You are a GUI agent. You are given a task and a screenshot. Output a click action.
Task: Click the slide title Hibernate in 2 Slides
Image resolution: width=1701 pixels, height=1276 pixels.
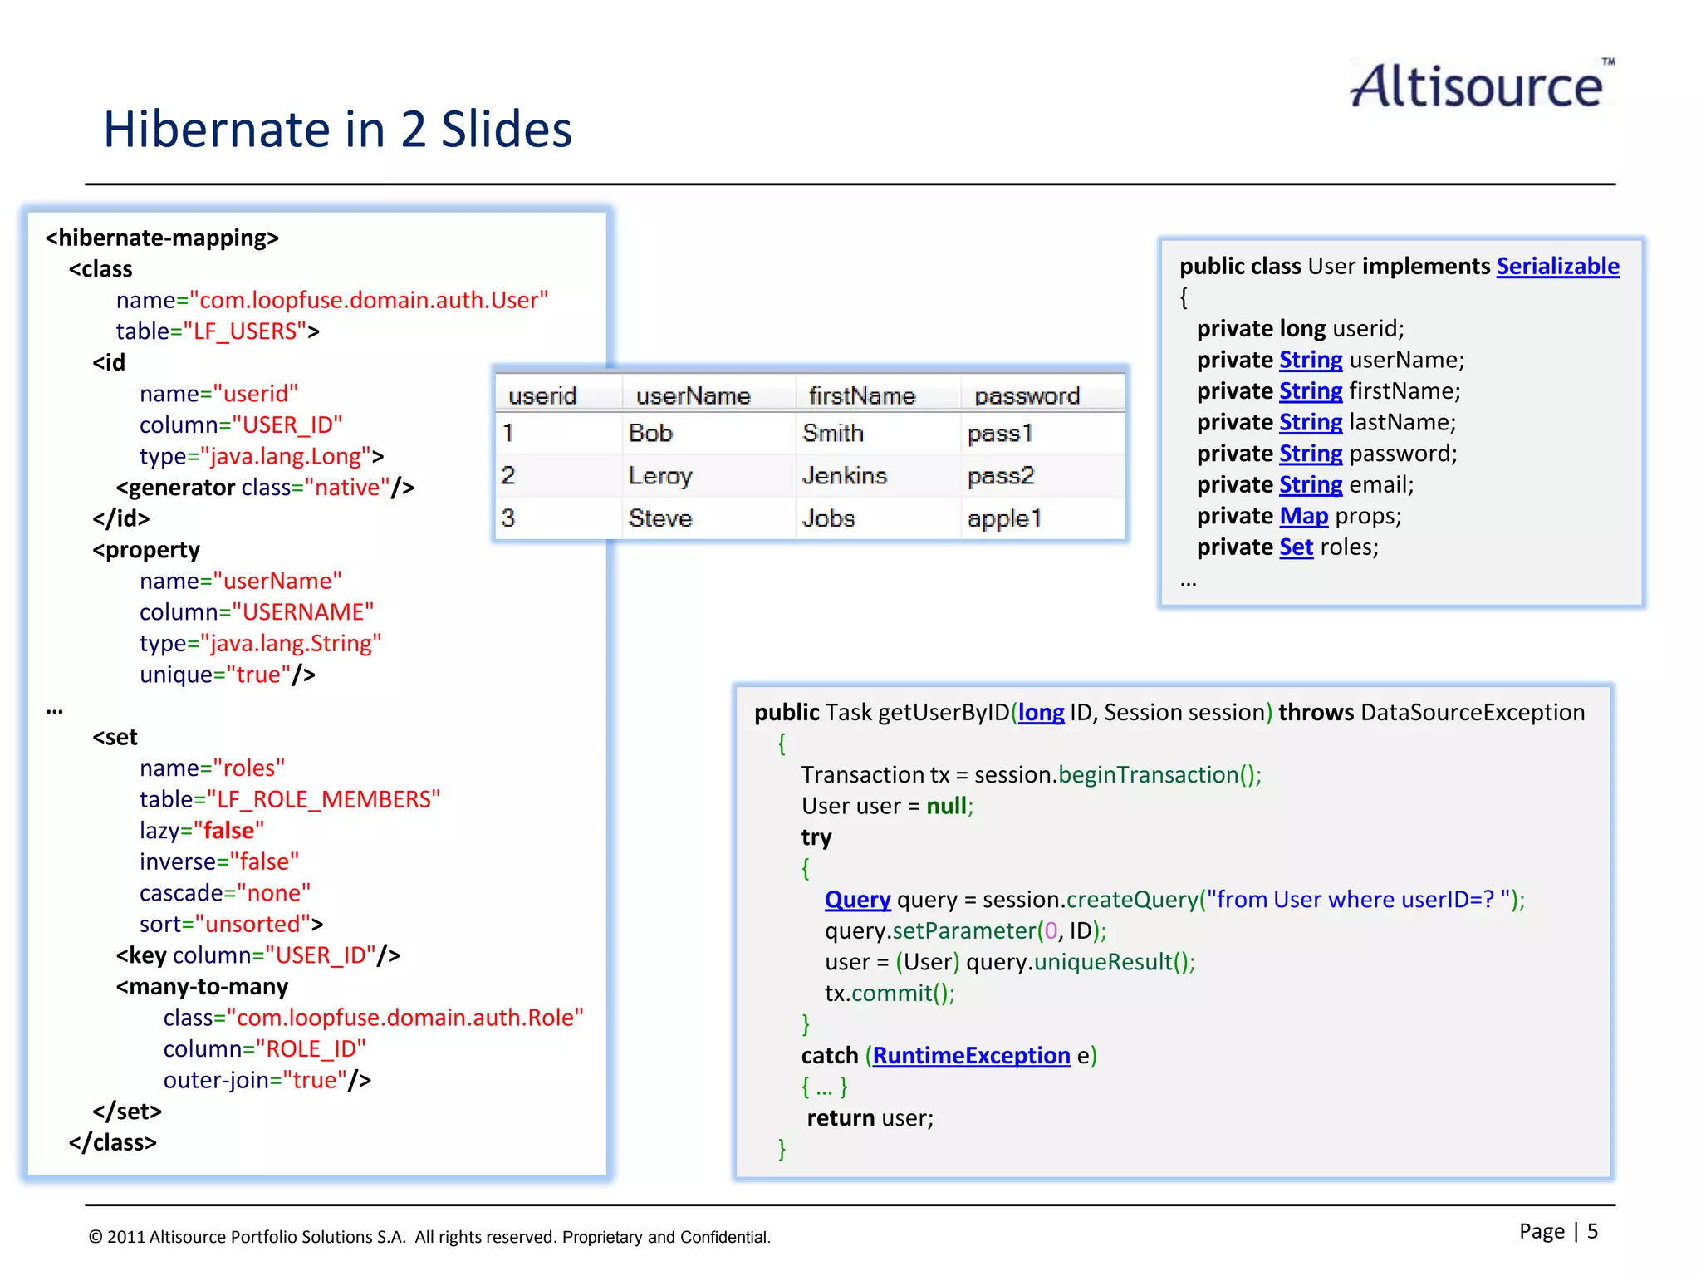click(337, 130)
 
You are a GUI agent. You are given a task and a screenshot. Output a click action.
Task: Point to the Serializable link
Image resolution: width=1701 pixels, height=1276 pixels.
click(1557, 266)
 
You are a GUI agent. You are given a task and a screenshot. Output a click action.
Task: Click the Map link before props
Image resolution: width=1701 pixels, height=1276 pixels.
click(1303, 516)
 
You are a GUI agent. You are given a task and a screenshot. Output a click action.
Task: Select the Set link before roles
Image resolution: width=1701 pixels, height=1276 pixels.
click(1296, 547)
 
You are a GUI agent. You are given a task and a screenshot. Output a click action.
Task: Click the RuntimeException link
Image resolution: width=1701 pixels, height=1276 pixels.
click(971, 1056)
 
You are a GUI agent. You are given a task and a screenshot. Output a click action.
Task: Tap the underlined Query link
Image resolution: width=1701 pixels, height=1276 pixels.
click(857, 900)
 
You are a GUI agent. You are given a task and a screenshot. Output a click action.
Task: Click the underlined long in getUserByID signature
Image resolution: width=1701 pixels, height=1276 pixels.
click(1041, 713)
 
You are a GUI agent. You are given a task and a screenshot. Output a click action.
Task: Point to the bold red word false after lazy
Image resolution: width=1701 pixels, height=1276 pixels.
click(228, 831)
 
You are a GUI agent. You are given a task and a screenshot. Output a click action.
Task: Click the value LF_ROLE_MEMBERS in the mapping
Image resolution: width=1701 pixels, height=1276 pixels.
click(324, 799)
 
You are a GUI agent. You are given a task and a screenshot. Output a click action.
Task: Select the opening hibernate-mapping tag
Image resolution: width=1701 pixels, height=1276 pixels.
click(162, 238)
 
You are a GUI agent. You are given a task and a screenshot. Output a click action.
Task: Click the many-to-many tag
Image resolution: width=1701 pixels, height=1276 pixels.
click(203, 987)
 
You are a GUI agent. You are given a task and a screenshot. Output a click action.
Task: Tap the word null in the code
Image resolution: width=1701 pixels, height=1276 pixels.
click(946, 806)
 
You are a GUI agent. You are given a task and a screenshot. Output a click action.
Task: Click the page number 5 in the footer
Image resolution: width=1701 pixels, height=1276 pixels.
click(1592, 1231)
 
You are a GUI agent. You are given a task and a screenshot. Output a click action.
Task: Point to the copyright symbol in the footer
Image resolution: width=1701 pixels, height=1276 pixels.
click(96, 1237)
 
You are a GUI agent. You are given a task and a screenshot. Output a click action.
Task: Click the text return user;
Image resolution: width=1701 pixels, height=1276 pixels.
click(870, 1118)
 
